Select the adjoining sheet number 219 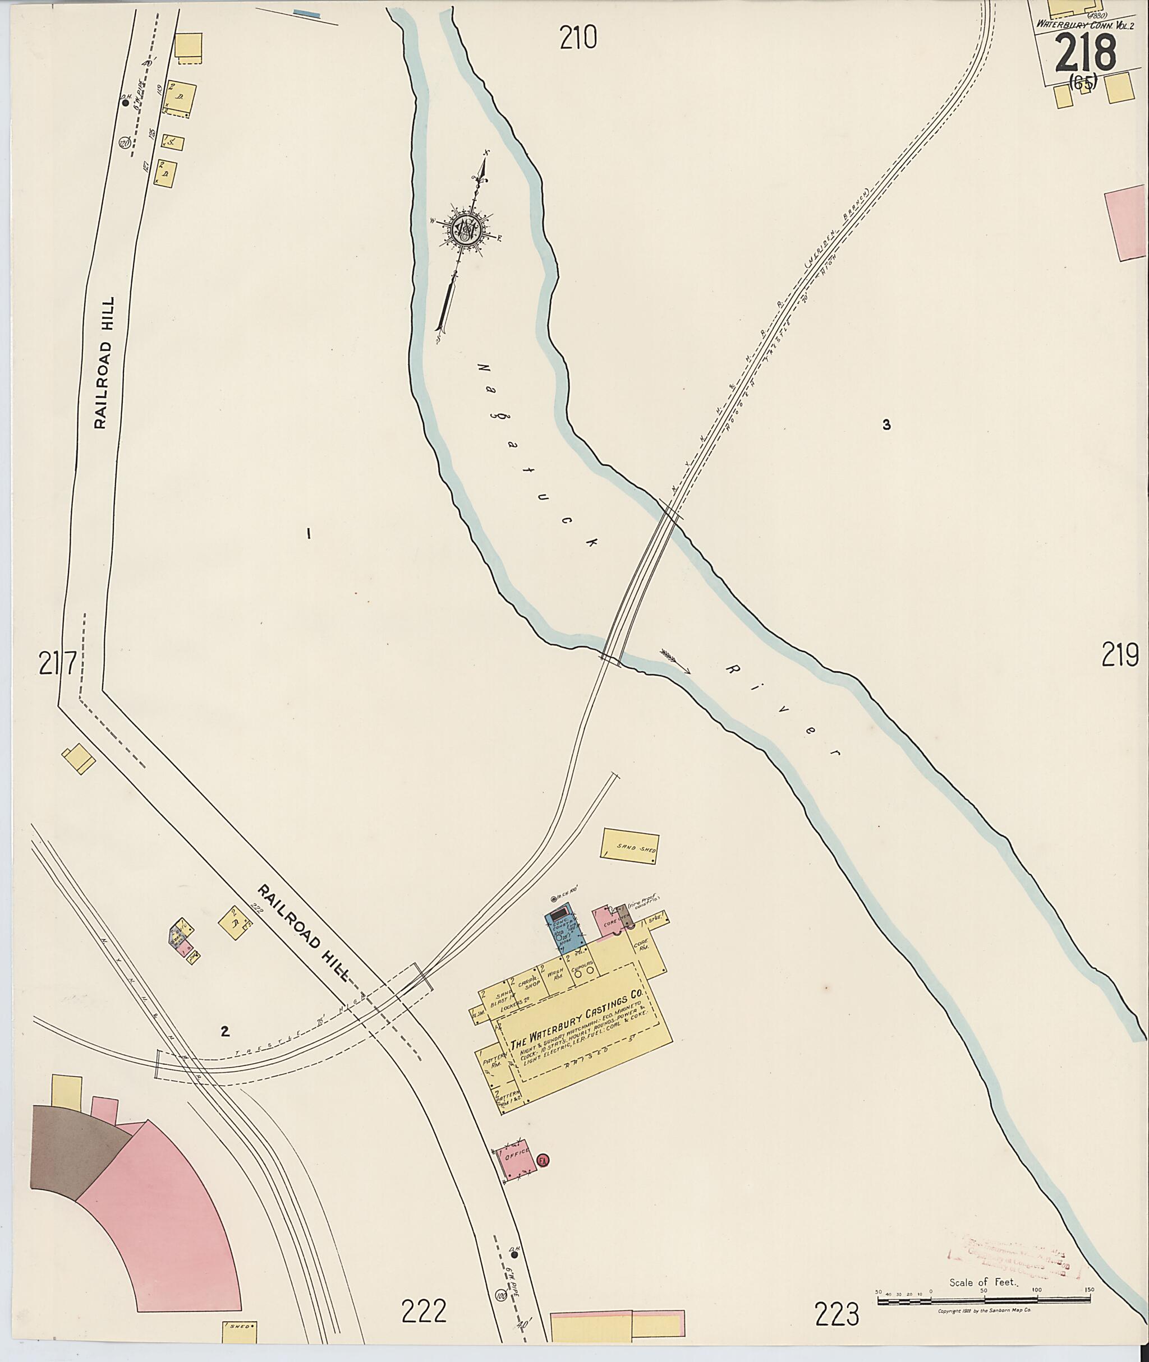1120,654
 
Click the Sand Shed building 630,846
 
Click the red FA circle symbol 543,1160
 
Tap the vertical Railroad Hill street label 104,363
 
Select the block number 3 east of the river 886,425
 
